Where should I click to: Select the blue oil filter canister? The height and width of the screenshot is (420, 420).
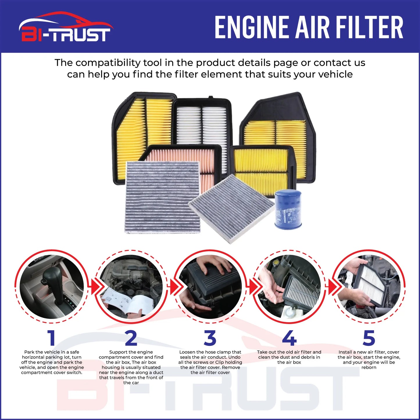coord(288,209)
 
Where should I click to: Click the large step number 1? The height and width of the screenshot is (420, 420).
coord(51,338)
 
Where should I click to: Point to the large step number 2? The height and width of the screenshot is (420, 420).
coord(131,338)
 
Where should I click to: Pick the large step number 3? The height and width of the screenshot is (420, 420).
coord(210,338)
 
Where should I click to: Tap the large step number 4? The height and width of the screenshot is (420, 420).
coord(289,338)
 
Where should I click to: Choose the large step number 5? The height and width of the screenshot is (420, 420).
coord(369,338)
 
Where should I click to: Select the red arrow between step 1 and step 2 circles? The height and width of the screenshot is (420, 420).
coord(94,287)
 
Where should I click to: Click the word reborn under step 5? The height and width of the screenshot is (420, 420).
coord(369,368)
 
